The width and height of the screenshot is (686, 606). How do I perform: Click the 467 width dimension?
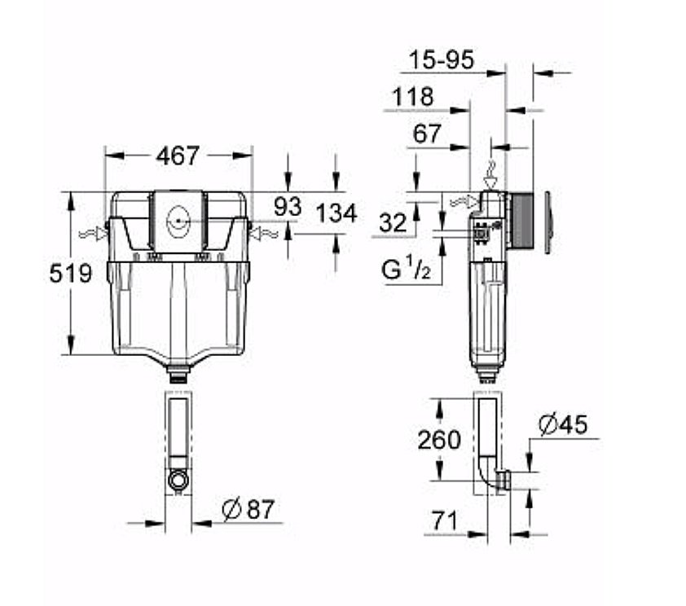pos(177,156)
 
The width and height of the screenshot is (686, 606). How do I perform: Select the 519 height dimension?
pos(71,274)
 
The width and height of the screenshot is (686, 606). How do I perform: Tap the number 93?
pos(287,206)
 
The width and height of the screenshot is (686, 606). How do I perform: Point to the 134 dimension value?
pos(336,213)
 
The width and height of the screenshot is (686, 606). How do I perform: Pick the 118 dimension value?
pos(412,97)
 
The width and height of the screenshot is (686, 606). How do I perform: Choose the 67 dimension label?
pos(427,134)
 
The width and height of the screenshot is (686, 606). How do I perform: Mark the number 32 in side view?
pos(393,223)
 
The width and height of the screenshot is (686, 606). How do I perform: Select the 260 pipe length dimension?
pos(439,440)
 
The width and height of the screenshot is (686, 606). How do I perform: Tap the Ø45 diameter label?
pos(563,425)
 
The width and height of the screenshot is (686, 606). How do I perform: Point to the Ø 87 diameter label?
pos(248,510)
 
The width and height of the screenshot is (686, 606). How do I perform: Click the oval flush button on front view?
pos(178,218)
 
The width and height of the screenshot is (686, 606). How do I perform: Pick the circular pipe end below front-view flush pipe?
pos(177,480)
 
